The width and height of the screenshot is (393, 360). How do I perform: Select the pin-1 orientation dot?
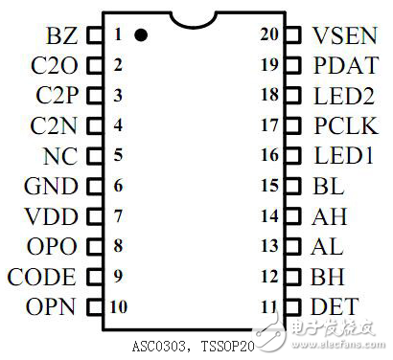click(141, 35)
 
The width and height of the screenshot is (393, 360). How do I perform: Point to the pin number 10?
click(119, 307)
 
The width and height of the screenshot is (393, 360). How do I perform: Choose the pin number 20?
click(270, 36)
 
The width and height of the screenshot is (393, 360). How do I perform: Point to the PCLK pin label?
click(344, 126)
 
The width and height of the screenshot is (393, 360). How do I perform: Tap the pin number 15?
click(270, 187)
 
